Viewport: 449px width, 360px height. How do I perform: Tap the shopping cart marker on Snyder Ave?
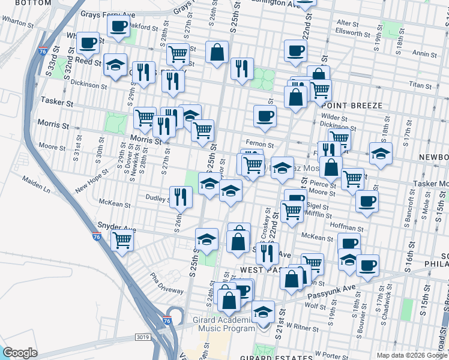122,240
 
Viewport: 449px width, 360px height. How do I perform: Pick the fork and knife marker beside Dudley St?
180,196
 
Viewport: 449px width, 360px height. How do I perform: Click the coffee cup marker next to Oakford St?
118,26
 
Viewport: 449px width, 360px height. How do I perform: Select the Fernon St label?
261,145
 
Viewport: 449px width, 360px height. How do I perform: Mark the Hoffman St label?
348,227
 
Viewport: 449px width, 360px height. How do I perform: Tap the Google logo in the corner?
20,353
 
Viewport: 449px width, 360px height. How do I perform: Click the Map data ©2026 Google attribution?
412,355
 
